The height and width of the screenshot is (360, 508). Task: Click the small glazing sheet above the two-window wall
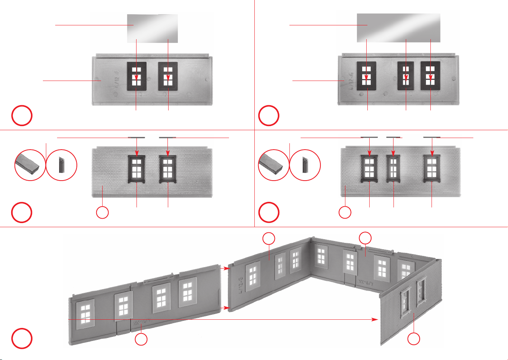(152, 28)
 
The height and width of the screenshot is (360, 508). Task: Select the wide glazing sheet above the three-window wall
(398, 28)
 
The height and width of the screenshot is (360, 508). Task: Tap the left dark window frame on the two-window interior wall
(137, 76)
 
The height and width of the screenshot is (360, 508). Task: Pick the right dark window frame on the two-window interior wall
(168, 76)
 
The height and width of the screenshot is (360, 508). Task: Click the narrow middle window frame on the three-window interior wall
(405, 76)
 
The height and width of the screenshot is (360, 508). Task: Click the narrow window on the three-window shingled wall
(393, 169)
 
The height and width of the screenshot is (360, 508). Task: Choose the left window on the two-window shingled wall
(137, 169)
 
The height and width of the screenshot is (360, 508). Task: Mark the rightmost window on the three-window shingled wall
(432, 169)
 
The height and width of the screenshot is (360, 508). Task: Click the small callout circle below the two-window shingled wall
(103, 212)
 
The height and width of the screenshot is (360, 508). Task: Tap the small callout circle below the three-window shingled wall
(345, 212)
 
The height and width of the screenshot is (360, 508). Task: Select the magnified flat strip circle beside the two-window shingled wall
(30, 165)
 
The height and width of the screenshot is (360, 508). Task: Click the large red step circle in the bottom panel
(22, 338)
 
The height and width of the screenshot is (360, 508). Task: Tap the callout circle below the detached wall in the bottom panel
(141, 339)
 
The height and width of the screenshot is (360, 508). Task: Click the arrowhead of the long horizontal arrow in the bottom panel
(376, 320)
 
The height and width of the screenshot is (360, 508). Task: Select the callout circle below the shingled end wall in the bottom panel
(414, 339)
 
